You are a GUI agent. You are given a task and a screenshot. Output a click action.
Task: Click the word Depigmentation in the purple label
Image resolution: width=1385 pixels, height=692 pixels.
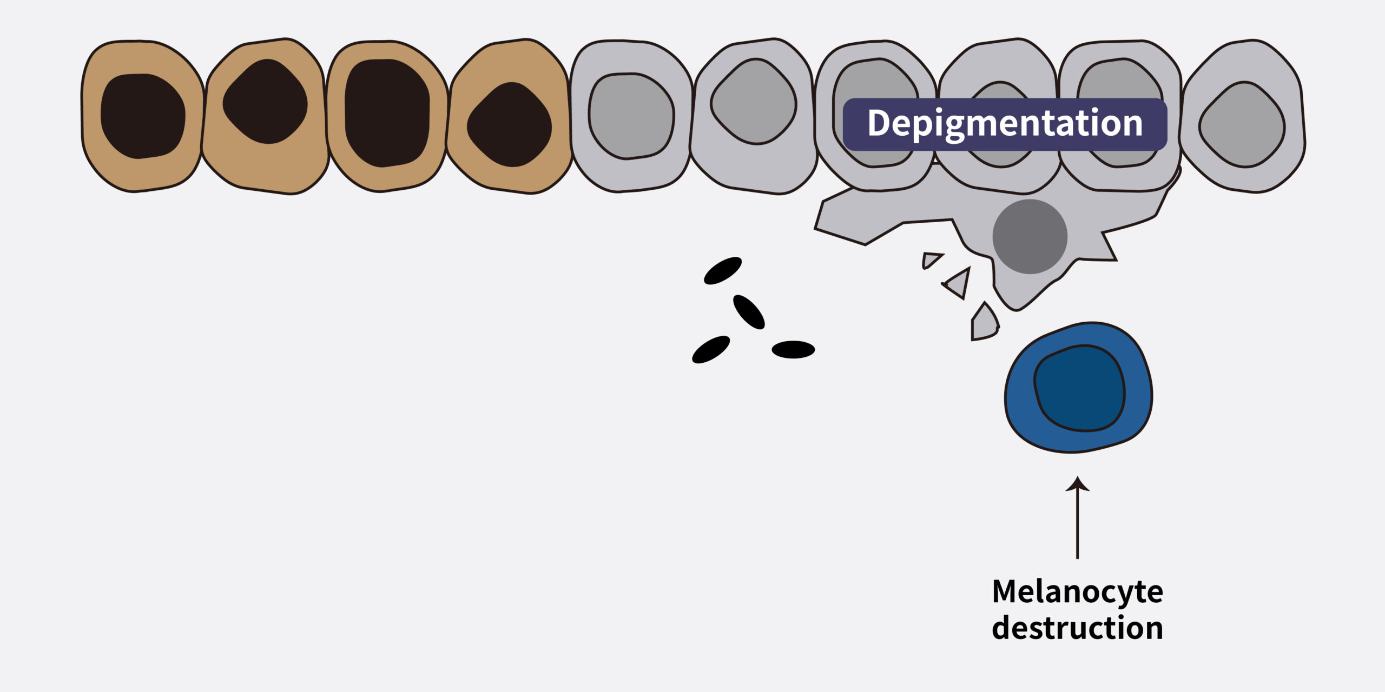[x=1005, y=124]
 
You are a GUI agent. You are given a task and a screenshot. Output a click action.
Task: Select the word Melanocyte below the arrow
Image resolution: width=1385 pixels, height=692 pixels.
[x=1077, y=592]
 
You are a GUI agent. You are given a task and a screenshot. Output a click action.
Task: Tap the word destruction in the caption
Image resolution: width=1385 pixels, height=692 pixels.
[x=1077, y=628]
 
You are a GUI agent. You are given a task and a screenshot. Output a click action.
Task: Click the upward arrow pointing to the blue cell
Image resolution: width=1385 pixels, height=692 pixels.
[x=1077, y=519]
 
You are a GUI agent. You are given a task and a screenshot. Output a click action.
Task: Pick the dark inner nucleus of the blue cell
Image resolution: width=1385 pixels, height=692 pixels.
[x=1079, y=388]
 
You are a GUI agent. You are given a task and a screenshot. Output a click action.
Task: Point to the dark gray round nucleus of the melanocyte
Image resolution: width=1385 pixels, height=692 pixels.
[x=1030, y=236]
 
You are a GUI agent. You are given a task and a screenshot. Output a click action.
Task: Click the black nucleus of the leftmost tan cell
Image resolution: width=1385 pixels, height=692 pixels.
[x=143, y=116]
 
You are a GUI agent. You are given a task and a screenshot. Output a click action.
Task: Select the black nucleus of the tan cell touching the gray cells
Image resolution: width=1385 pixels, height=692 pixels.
[x=509, y=124]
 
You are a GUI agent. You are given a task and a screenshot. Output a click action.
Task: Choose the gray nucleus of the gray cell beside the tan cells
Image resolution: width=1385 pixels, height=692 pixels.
[x=631, y=116]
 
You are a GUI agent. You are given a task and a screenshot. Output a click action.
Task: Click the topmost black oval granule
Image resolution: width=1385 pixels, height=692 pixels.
[x=722, y=270]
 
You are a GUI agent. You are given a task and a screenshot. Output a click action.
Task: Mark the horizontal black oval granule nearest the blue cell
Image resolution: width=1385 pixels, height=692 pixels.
[x=793, y=349]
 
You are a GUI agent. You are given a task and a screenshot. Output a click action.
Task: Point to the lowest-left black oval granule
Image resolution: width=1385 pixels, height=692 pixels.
[x=711, y=349]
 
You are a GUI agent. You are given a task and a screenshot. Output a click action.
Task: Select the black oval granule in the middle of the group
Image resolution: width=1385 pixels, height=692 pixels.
[x=749, y=312]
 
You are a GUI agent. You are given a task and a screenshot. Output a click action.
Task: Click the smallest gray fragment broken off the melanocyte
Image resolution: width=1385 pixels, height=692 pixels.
[x=930, y=260]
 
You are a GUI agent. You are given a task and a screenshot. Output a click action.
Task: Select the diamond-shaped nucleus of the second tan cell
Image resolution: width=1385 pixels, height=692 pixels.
[x=265, y=102]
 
